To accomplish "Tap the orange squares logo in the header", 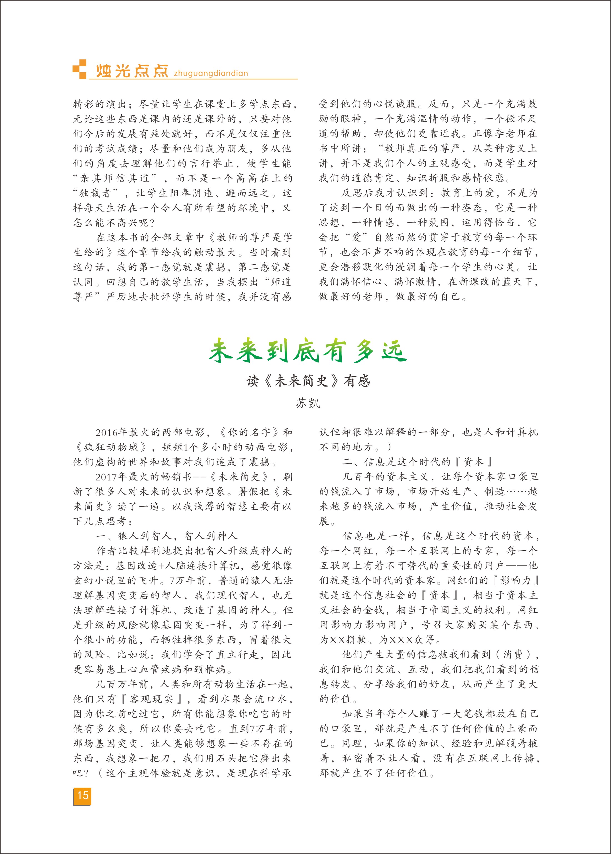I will tap(79, 69).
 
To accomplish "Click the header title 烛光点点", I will tap(132, 71).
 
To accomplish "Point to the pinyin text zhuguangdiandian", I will tap(210, 73).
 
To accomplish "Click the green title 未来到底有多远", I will tap(307, 351).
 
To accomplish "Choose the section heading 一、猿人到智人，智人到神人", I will tap(167, 536).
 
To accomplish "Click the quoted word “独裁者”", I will tap(95, 193).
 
